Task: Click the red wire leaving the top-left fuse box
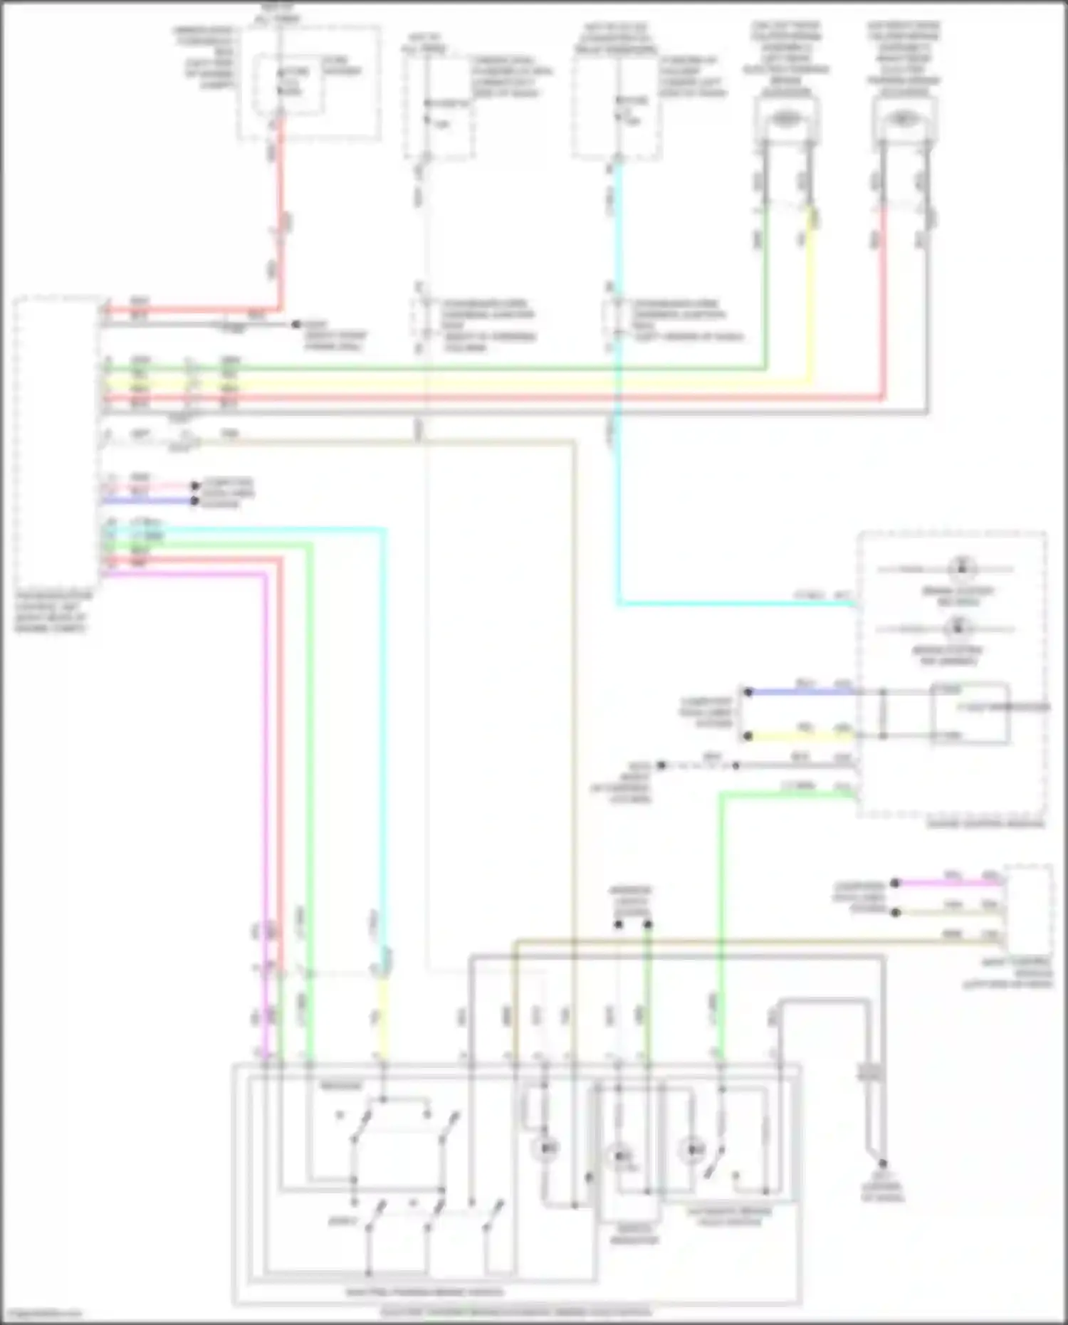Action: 281,214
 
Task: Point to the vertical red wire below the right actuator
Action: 883,299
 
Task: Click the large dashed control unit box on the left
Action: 57,441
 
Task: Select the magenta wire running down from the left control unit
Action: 266,783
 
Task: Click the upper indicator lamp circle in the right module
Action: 962,568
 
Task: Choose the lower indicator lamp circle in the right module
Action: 958,628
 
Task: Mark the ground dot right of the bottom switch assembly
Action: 882,1163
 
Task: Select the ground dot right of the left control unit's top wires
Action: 295,325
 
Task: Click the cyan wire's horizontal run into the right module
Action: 733,604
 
